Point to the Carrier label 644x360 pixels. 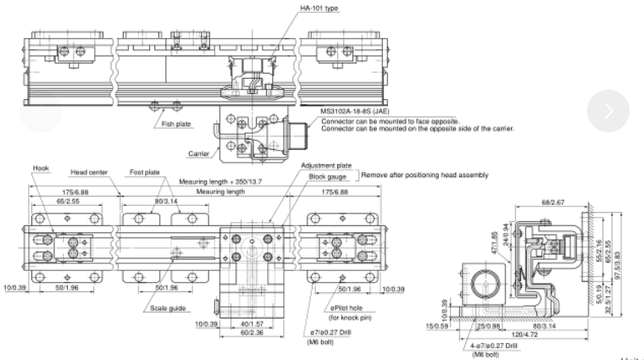pos(201,153)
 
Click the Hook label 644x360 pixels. pos(42,168)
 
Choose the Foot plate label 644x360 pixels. pos(145,171)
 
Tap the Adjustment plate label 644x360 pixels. pos(325,166)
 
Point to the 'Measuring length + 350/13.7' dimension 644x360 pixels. pos(219,182)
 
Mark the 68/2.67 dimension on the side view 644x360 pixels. pos(547,202)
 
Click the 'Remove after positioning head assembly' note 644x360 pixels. pos(425,175)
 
